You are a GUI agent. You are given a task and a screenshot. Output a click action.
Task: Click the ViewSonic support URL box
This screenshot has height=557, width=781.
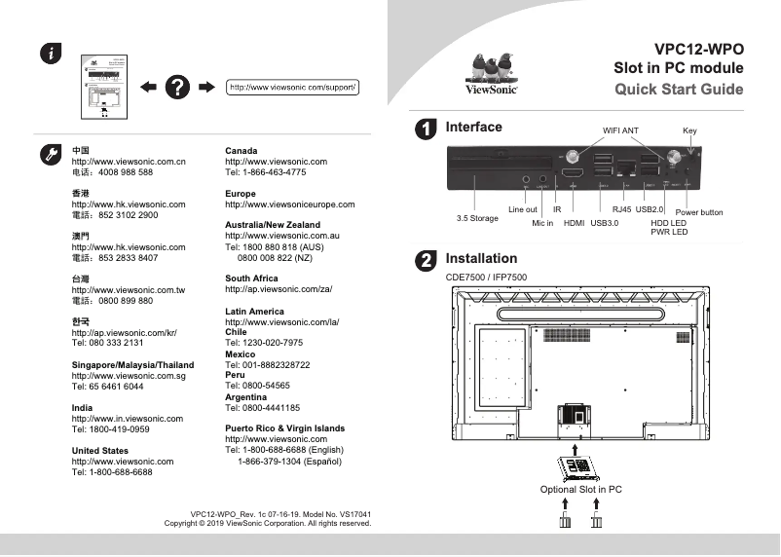(x=293, y=88)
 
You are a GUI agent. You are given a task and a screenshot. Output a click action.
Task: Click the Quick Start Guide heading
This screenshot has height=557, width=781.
(x=678, y=90)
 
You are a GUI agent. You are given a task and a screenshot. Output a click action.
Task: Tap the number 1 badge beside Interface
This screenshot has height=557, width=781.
(x=426, y=129)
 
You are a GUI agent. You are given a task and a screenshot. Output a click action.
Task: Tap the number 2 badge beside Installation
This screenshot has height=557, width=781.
(x=426, y=260)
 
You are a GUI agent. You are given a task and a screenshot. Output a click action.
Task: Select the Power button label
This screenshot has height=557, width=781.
(x=698, y=212)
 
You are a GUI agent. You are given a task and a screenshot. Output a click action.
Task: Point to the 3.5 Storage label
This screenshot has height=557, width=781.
(x=477, y=218)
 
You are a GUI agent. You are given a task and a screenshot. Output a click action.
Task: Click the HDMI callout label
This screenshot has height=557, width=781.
(x=574, y=223)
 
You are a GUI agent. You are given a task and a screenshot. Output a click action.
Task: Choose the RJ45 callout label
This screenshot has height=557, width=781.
(x=620, y=209)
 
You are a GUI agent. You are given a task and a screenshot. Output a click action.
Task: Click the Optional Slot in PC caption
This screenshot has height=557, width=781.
(x=580, y=489)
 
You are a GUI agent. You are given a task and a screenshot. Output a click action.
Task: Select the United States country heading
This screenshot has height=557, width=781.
(x=100, y=451)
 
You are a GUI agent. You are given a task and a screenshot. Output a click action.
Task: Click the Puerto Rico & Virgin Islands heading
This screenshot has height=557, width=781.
(x=284, y=428)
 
